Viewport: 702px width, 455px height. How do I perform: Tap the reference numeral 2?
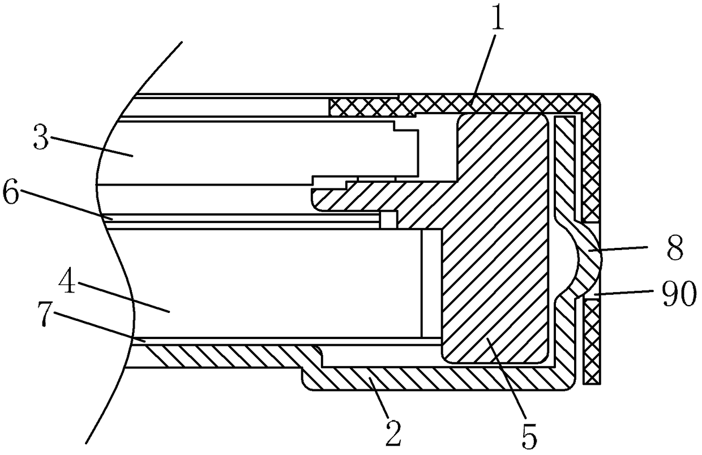click(393, 433)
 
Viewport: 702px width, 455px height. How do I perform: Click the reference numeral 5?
click(529, 436)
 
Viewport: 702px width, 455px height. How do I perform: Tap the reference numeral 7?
click(46, 314)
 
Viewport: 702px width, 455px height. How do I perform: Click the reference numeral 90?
click(679, 293)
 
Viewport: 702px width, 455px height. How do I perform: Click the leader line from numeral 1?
click(483, 69)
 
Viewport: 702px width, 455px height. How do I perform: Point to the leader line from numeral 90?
click(624, 293)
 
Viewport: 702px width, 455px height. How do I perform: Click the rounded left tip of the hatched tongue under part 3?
click(312, 197)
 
